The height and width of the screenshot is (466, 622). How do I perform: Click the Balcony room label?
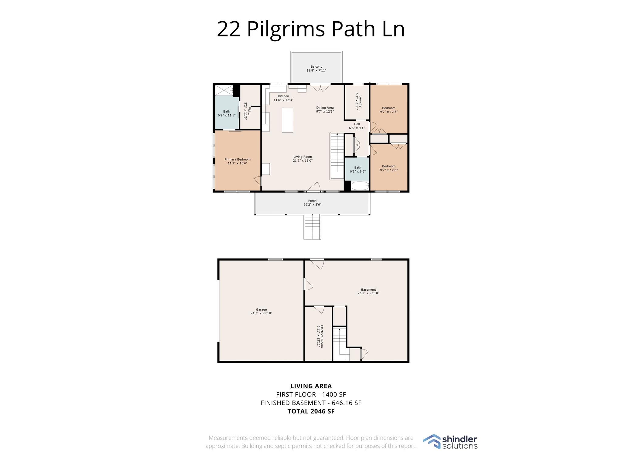coord(316,67)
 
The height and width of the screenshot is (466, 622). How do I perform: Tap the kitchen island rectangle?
coord(287,120)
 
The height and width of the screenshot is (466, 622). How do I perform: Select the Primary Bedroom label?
coord(238,160)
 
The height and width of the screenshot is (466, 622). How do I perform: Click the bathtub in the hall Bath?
coord(360,186)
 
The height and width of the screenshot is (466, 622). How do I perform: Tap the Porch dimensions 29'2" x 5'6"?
coord(312,205)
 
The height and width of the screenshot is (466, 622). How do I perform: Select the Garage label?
coord(261,310)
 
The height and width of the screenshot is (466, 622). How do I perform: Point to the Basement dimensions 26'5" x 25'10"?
coord(368,293)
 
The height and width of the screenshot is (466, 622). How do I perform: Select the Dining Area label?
coord(325,108)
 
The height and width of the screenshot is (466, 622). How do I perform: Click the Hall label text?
coord(357,124)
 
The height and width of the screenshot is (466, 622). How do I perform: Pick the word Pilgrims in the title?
coord(286,29)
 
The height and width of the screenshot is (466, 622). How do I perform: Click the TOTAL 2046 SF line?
coord(311,411)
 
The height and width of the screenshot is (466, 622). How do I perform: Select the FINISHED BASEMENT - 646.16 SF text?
coord(311,403)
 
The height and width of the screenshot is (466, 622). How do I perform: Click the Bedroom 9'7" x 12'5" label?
coord(389,108)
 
